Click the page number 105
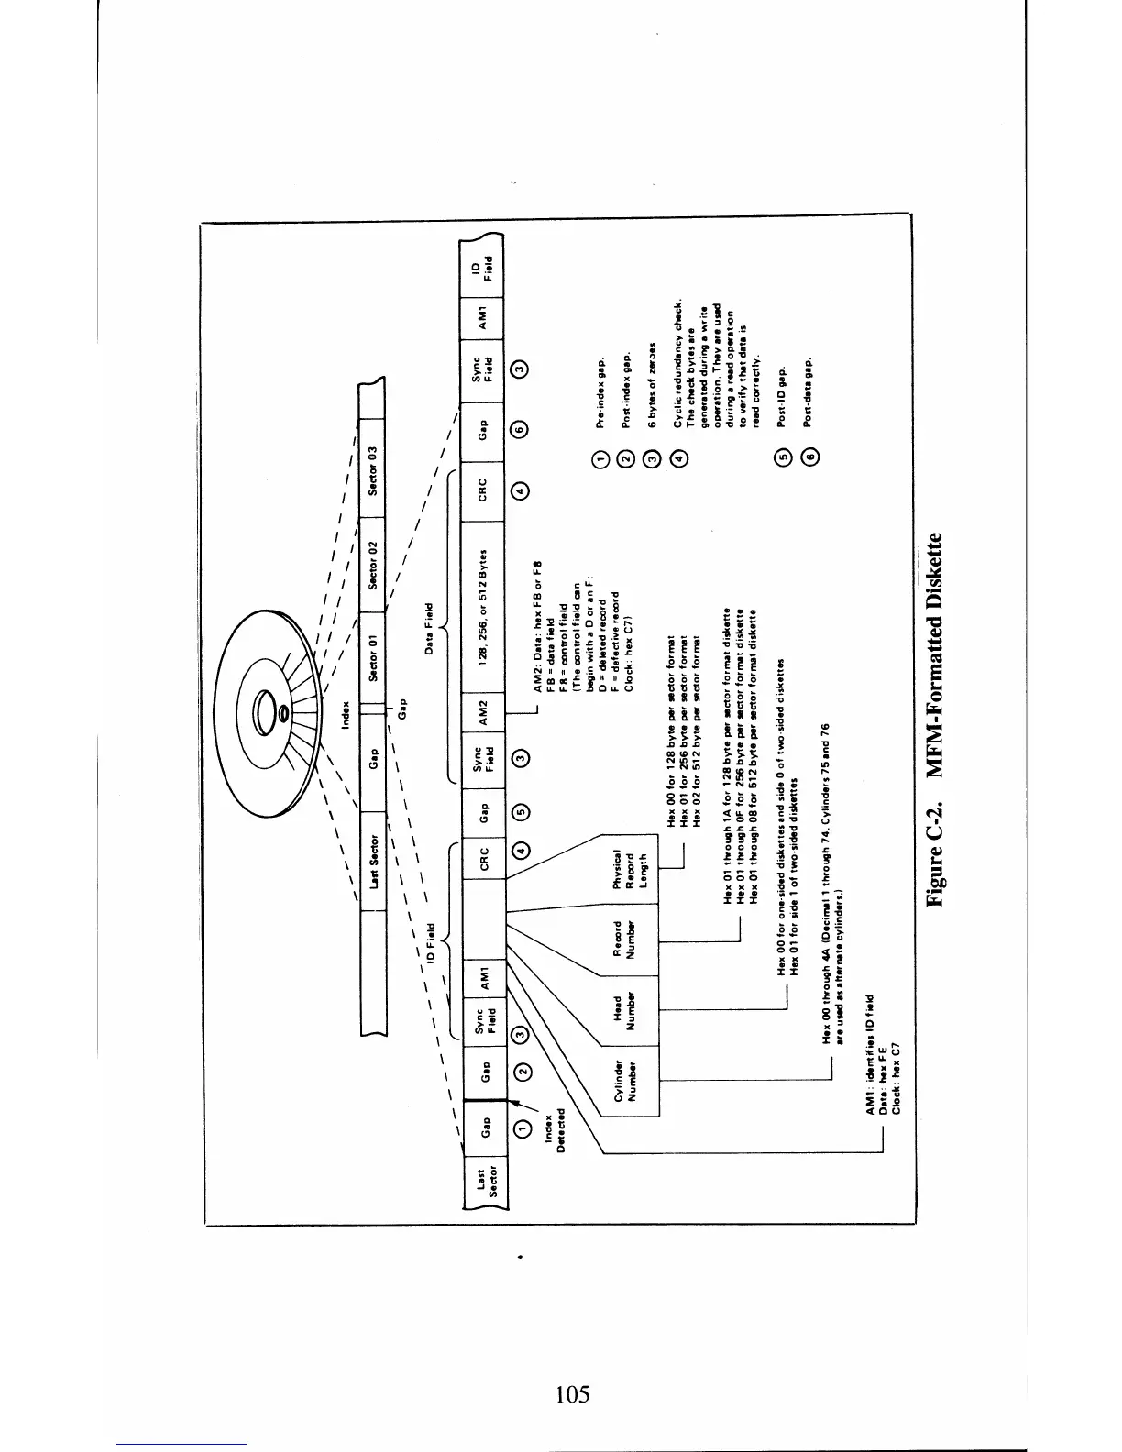click(572, 1395)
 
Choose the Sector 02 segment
click(373, 557)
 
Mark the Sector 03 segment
click(373, 470)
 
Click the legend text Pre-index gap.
click(600, 393)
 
